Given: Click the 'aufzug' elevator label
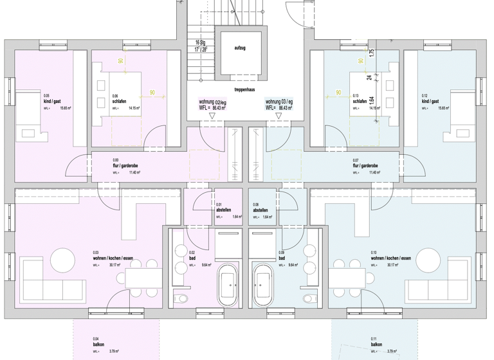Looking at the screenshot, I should tap(239, 48).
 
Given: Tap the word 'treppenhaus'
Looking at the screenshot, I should tap(246, 89).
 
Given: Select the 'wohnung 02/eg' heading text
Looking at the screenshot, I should tap(213, 102).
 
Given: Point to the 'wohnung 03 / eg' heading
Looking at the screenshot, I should tap(279, 102).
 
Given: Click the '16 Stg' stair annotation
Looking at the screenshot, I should tap(201, 42).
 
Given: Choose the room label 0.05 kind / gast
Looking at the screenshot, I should tap(52, 102).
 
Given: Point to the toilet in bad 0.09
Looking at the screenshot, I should tap(311, 297).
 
